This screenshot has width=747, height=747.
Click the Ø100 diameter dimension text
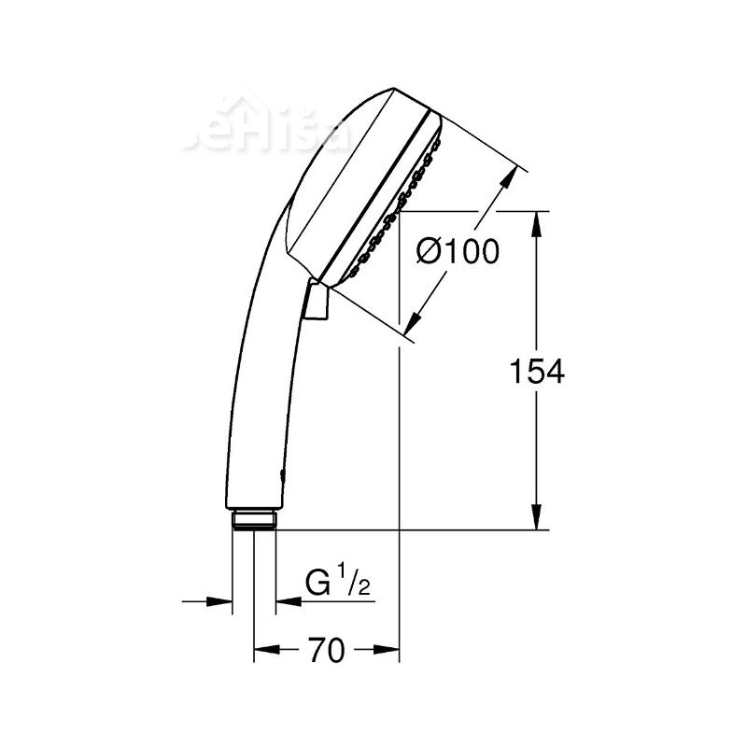click(x=458, y=252)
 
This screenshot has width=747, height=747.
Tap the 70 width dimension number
click(x=327, y=651)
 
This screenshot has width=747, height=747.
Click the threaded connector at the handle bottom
click(x=253, y=519)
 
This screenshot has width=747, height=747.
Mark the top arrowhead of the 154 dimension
click(x=537, y=222)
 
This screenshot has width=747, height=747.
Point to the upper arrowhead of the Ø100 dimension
click(x=511, y=177)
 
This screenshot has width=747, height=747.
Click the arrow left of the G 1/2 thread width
click(x=222, y=601)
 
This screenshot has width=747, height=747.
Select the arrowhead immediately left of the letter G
click(x=285, y=601)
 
